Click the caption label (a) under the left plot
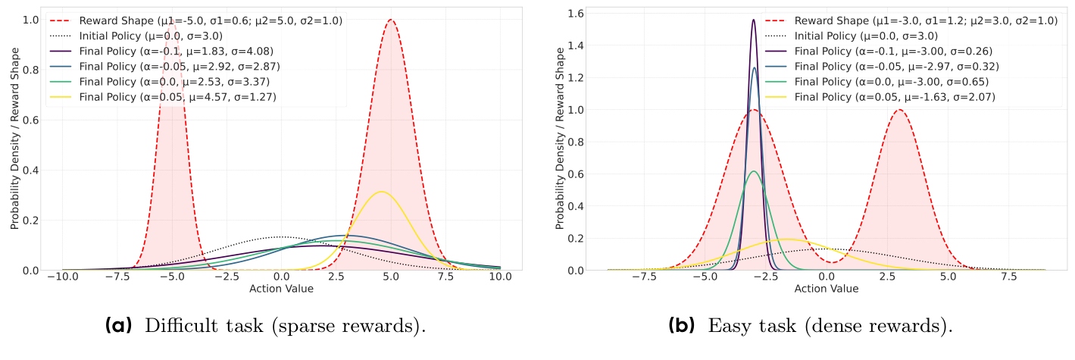tap(120, 327)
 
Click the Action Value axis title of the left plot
tap(281, 289)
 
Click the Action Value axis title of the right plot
tap(827, 289)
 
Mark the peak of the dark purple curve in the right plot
tap(753, 20)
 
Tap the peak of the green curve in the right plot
tap(753, 171)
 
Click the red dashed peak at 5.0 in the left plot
tap(391, 20)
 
